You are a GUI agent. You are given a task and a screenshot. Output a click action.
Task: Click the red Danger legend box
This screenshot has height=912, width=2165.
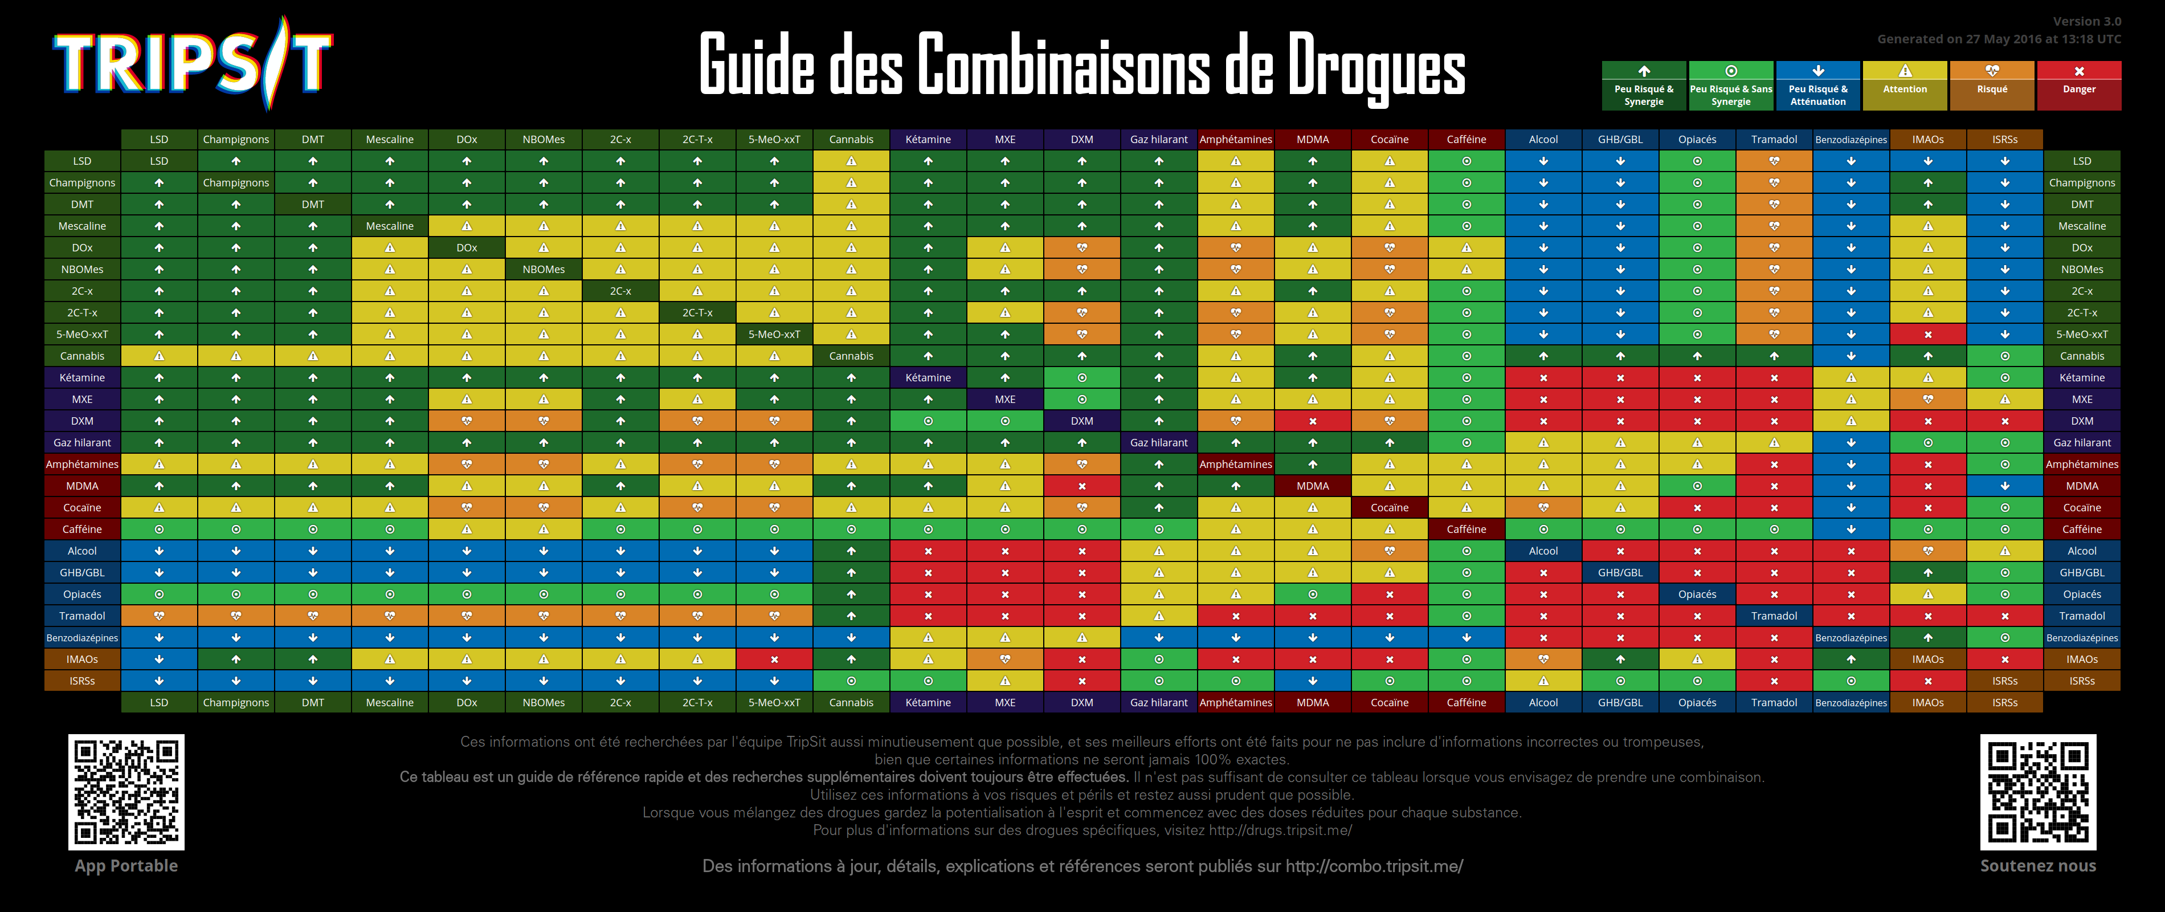(x=2078, y=85)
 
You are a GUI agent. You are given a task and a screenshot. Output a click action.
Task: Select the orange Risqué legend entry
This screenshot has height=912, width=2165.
(x=1992, y=85)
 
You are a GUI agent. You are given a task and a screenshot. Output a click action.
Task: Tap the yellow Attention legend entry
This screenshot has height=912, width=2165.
(x=1905, y=85)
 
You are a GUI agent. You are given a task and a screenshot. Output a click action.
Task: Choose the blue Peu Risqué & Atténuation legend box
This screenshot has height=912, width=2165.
(x=1818, y=85)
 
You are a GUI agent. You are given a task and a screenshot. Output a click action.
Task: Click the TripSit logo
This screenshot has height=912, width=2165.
(x=193, y=64)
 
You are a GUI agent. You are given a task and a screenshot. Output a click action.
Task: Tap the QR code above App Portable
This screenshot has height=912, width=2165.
(x=126, y=792)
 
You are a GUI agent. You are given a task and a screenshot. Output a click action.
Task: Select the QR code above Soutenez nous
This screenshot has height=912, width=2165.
(x=2037, y=792)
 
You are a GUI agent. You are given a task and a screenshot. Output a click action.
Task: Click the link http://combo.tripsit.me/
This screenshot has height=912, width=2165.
(x=1374, y=866)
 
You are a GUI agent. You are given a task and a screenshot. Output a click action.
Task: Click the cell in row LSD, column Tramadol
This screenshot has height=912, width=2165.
(x=1774, y=161)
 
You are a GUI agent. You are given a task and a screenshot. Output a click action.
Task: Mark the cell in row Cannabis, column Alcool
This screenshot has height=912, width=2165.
(x=1543, y=356)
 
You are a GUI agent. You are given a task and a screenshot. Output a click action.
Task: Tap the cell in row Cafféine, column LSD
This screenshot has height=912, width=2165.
(x=159, y=530)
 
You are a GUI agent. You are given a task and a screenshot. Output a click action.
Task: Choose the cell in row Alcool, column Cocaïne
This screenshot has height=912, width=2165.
(x=1389, y=551)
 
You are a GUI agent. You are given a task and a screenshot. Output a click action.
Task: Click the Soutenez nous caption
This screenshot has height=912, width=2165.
(x=2037, y=866)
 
